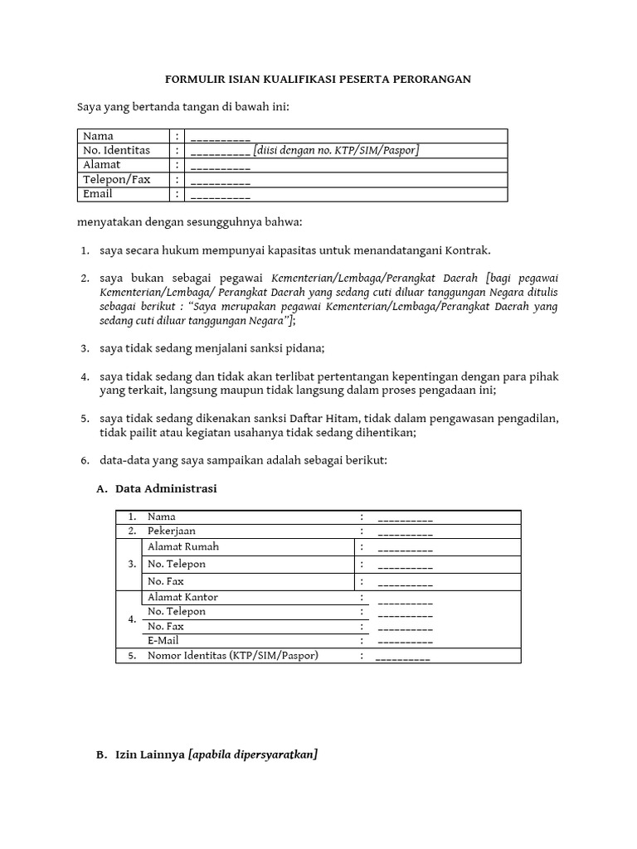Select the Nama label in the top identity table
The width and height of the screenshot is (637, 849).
click(98, 136)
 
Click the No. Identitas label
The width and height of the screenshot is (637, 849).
click(116, 150)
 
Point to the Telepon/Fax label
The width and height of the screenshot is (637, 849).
click(116, 179)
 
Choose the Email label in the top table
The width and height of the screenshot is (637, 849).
click(98, 194)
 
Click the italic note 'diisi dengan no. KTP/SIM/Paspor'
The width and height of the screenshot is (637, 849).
click(337, 150)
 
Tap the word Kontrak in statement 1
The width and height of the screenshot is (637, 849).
click(469, 250)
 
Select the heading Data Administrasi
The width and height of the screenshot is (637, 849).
click(166, 489)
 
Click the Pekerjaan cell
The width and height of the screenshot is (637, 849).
click(172, 531)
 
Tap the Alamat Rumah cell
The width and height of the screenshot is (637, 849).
click(183, 547)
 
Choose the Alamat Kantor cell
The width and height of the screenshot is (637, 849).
click(182, 597)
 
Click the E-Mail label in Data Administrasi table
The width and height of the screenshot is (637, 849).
click(163, 641)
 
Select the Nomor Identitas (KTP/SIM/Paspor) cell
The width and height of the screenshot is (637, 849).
click(233, 656)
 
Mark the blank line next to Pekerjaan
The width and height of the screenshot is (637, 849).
click(405, 532)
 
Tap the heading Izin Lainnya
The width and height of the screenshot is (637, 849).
click(151, 755)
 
